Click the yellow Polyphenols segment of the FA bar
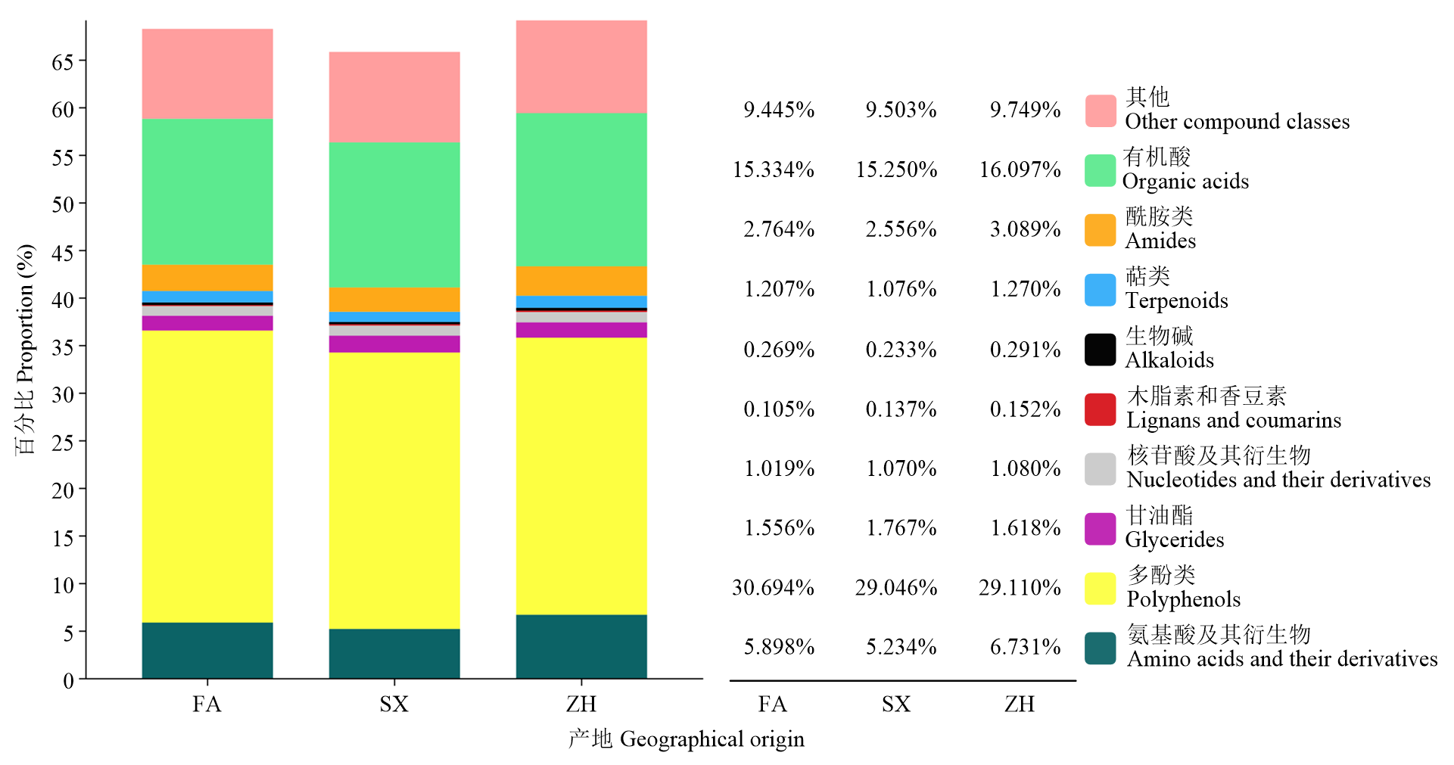(x=207, y=477)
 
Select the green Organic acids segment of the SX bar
(x=394, y=214)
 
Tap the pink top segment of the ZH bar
(x=581, y=67)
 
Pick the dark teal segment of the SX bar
(x=394, y=653)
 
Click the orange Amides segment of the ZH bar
(x=581, y=281)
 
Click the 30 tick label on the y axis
(x=62, y=394)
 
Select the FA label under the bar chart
(x=207, y=704)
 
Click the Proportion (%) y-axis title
(x=25, y=349)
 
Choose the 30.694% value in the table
(x=773, y=587)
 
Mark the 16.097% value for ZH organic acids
(x=1020, y=169)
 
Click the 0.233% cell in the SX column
(x=901, y=350)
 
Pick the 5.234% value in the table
(x=901, y=647)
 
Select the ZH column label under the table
(x=1019, y=704)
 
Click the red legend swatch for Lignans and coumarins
(x=1100, y=409)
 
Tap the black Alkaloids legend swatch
(x=1100, y=350)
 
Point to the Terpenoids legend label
(x=1175, y=300)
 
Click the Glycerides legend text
(x=1174, y=540)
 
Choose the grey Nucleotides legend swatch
(x=1100, y=469)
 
